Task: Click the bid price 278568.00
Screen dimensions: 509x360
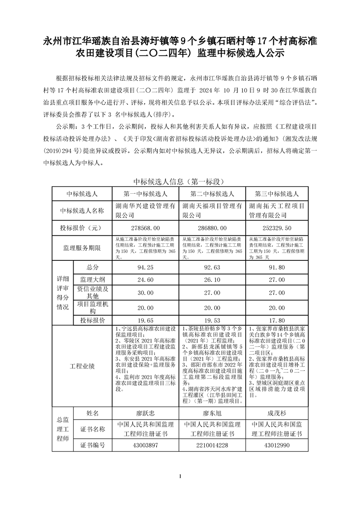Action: (146, 227)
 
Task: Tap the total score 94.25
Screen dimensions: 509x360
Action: (146, 268)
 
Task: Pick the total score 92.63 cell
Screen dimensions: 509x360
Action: (212, 268)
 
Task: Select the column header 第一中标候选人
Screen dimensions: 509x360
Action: (146, 194)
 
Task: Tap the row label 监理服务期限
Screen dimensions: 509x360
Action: (82, 248)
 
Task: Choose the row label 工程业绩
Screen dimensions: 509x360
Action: (82, 366)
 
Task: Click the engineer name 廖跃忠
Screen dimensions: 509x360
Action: (146, 413)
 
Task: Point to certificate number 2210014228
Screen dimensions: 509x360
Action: (212, 445)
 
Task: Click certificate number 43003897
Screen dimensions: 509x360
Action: (146, 445)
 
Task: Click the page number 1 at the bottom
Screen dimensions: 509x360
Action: (180, 476)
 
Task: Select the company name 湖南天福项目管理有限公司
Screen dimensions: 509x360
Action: (212, 210)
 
